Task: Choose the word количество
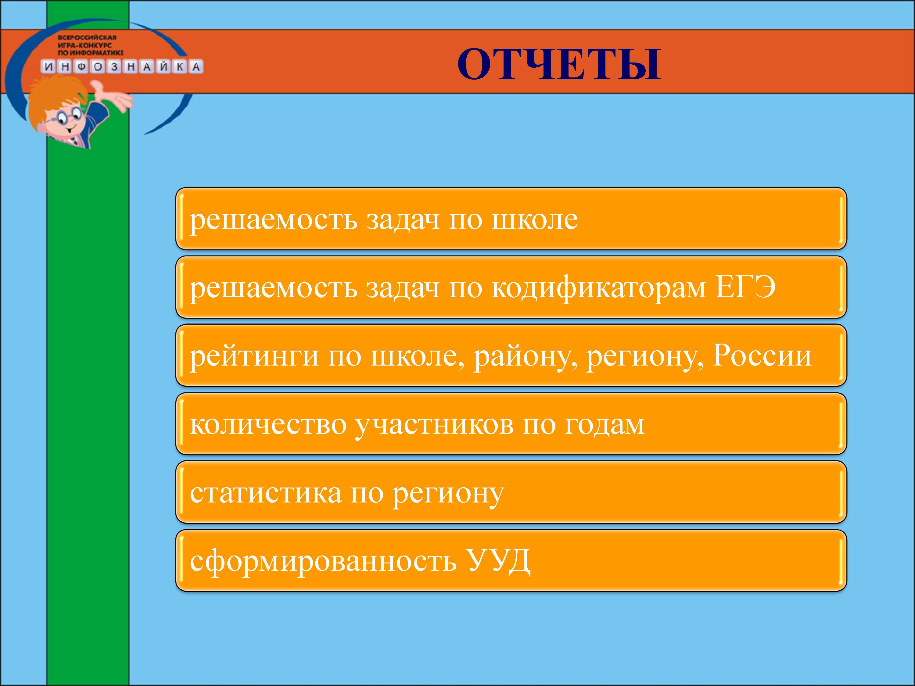coord(268,425)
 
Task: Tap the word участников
coord(434,426)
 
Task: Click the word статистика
coord(266,493)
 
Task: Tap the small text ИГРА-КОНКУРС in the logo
coord(84,45)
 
